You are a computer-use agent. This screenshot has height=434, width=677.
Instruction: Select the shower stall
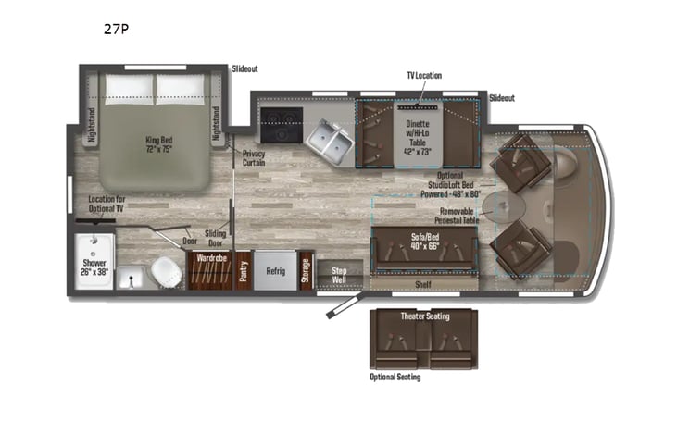(94, 261)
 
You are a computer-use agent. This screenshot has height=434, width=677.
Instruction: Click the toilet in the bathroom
(166, 271)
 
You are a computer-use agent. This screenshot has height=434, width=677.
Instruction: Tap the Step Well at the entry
(338, 275)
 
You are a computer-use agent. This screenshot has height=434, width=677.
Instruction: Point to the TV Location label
(423, 75)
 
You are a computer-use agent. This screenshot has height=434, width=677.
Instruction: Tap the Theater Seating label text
(424, 317)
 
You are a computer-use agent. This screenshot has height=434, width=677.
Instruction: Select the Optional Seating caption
(395, 377)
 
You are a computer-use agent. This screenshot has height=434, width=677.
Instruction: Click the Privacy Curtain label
(255, 159)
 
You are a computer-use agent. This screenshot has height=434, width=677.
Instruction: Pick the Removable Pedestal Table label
(454, 217)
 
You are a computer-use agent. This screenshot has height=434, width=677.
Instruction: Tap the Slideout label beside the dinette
(501, 97)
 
